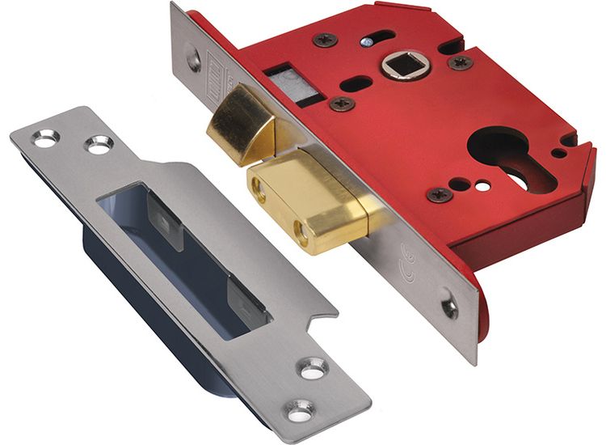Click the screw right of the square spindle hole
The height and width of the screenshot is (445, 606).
[461, 62]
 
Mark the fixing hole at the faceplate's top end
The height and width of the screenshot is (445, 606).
[194, 58]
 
